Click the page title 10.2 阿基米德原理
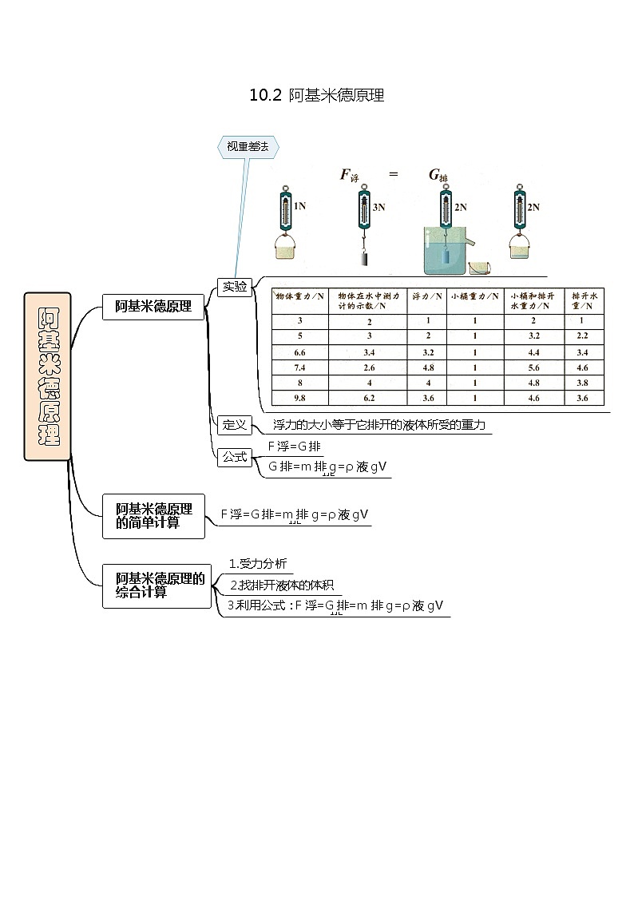click(x=317, y=96)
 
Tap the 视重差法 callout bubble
click(x=248, y=146)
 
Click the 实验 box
click(x=235, y=287)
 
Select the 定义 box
click(x=235, y=424)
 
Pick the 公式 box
click(x=235, y=457)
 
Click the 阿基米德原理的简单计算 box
click(x=153, y=515)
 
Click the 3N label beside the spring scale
click(x=378, y=207)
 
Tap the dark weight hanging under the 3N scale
click(x=363, y=259)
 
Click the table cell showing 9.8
click(x=300, y=398)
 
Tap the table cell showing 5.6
click(x=534, y=367)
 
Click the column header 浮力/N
click(x=426, y=296)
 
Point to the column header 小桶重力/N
click(x=474, y=296)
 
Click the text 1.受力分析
click(x=252, y=563)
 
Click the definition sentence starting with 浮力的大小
click(x=378, y=425)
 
